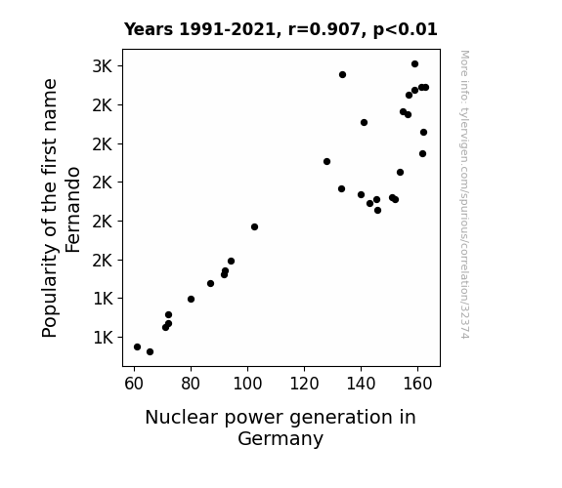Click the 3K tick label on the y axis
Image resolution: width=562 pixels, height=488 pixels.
point(103,66)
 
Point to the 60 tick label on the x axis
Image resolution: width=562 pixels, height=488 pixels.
point(134,384)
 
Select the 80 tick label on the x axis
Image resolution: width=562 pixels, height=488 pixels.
point(191,384)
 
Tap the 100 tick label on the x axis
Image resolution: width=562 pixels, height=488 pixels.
point(247,384)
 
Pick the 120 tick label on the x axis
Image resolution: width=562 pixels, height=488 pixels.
point(304,384)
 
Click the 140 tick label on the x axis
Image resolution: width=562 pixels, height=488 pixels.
point(361,384)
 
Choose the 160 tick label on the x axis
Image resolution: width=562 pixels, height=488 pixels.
point(417,384)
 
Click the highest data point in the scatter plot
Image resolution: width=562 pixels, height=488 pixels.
point(414,64)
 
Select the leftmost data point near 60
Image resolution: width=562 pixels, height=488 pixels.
point(137,346)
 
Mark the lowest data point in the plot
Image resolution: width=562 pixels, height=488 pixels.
point(150,352)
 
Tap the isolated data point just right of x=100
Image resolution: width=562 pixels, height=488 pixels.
point(254,227)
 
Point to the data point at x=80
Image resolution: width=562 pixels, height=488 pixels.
point(191,299)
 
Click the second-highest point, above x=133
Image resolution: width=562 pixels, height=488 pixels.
point(342,75)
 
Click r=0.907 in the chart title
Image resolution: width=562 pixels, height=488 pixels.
point(324,29)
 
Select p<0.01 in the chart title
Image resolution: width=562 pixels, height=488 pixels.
point(405,30)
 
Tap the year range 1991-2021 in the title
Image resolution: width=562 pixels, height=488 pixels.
point(227,29)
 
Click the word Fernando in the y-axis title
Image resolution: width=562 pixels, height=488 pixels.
point(72,210)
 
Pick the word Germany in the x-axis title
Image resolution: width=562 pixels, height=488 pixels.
point(281,439)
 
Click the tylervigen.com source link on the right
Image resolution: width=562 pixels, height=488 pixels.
point(464,194)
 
